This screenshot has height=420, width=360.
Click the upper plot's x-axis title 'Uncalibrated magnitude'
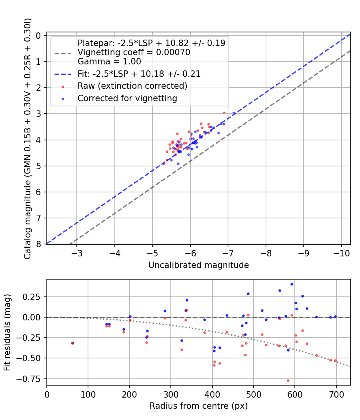click(x=198, y=265)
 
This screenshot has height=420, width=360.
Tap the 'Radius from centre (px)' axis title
click(x=198, y=406)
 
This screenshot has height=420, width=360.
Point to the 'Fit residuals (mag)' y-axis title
click(x=8, y=333)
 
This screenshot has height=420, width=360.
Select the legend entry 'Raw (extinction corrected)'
click(x=132, y=86)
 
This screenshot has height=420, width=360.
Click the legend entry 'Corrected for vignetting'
click(x=127, y=98)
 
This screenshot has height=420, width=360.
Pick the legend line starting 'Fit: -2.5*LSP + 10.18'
click(x=139, y=74)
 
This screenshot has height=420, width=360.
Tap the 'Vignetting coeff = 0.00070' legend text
click(x=134, y=52)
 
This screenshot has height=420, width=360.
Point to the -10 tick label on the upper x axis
click(x=341, y=253)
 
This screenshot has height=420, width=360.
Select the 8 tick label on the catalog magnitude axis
click(x=39, y=244)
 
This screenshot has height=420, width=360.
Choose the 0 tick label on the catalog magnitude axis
click(x=39, y=36)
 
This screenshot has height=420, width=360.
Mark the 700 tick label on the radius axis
click(x=336, y=394)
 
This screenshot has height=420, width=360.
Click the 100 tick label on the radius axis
click(x=88, y=394)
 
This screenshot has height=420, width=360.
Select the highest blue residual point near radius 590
click(x=292, y=284)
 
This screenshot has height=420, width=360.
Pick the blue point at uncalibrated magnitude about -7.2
click(x=234, y=113)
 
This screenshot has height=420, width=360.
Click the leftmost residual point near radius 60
click(x=72, y=343)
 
